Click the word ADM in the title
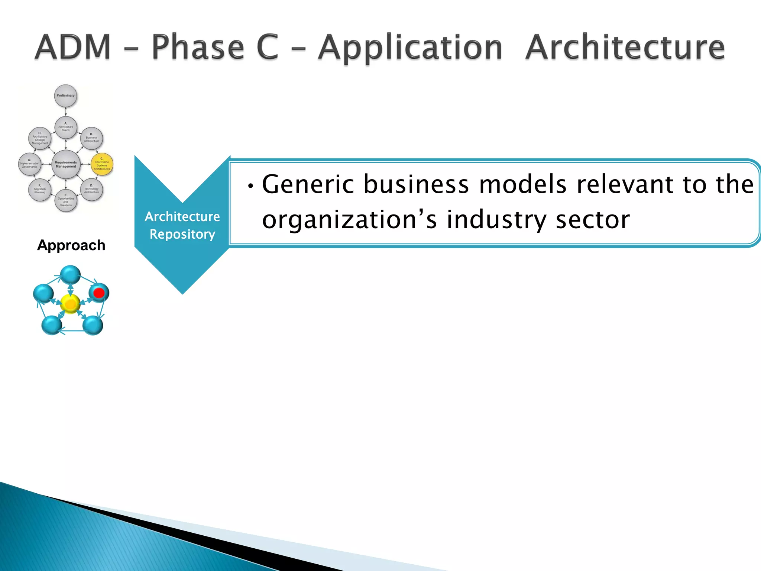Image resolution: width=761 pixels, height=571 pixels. tap(73, 47)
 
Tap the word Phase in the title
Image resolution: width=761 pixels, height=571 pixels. tap(198, 47)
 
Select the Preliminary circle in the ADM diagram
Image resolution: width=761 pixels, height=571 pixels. tap(65, 96)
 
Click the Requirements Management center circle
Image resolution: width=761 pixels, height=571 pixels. tap(66, 164)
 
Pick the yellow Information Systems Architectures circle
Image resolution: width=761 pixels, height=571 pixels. tap(102, 164)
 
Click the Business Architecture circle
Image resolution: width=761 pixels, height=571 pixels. tap(91, 138)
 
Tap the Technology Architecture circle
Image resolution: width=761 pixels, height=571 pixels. tap(91, 190)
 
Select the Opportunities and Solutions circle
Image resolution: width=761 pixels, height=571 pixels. tap(66, 200)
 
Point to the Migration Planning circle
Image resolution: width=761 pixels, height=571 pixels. tap(40, 190)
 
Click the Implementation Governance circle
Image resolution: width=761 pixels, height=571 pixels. tap(29, 164)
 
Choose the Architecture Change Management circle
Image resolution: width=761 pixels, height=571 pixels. tap(40, 138)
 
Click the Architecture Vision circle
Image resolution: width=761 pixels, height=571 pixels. tap(66, 127)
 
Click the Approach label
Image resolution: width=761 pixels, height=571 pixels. tap(71, 245)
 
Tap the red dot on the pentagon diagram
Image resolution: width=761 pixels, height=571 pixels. tap(99, 293)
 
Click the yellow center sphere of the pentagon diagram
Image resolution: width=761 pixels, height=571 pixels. tap(70, 304)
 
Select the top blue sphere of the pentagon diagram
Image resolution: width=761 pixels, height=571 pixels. tap(70, 275)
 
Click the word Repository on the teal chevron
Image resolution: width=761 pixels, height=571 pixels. tap(182, 234)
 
